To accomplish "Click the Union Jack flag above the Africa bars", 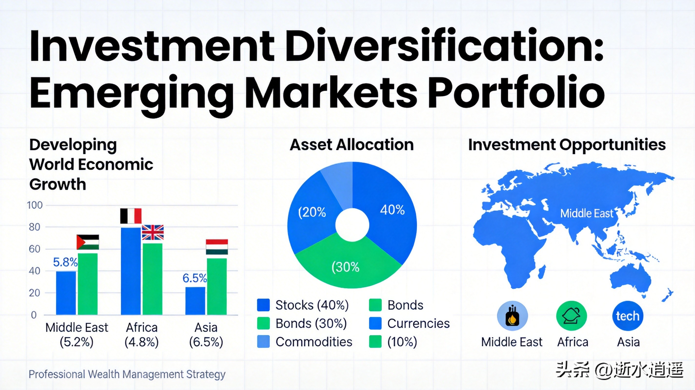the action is point(153,232).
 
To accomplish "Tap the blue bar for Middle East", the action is point(66,293).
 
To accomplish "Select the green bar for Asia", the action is point(217,286).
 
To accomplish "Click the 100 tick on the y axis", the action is point(35,205).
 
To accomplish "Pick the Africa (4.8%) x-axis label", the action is point(142,335).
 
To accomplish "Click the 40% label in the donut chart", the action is point(392,210).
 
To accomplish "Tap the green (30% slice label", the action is point(345,267).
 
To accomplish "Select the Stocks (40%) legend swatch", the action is point(263,305).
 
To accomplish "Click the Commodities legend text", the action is point(314,342).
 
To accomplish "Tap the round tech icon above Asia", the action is point(628,316).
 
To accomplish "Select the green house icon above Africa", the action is point(572,316).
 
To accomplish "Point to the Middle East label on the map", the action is point(587,214).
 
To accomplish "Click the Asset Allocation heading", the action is point(352,145).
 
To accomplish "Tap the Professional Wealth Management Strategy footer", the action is point(127,374).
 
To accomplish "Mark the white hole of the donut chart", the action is point(352,225).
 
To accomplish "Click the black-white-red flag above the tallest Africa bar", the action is point(131,216).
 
